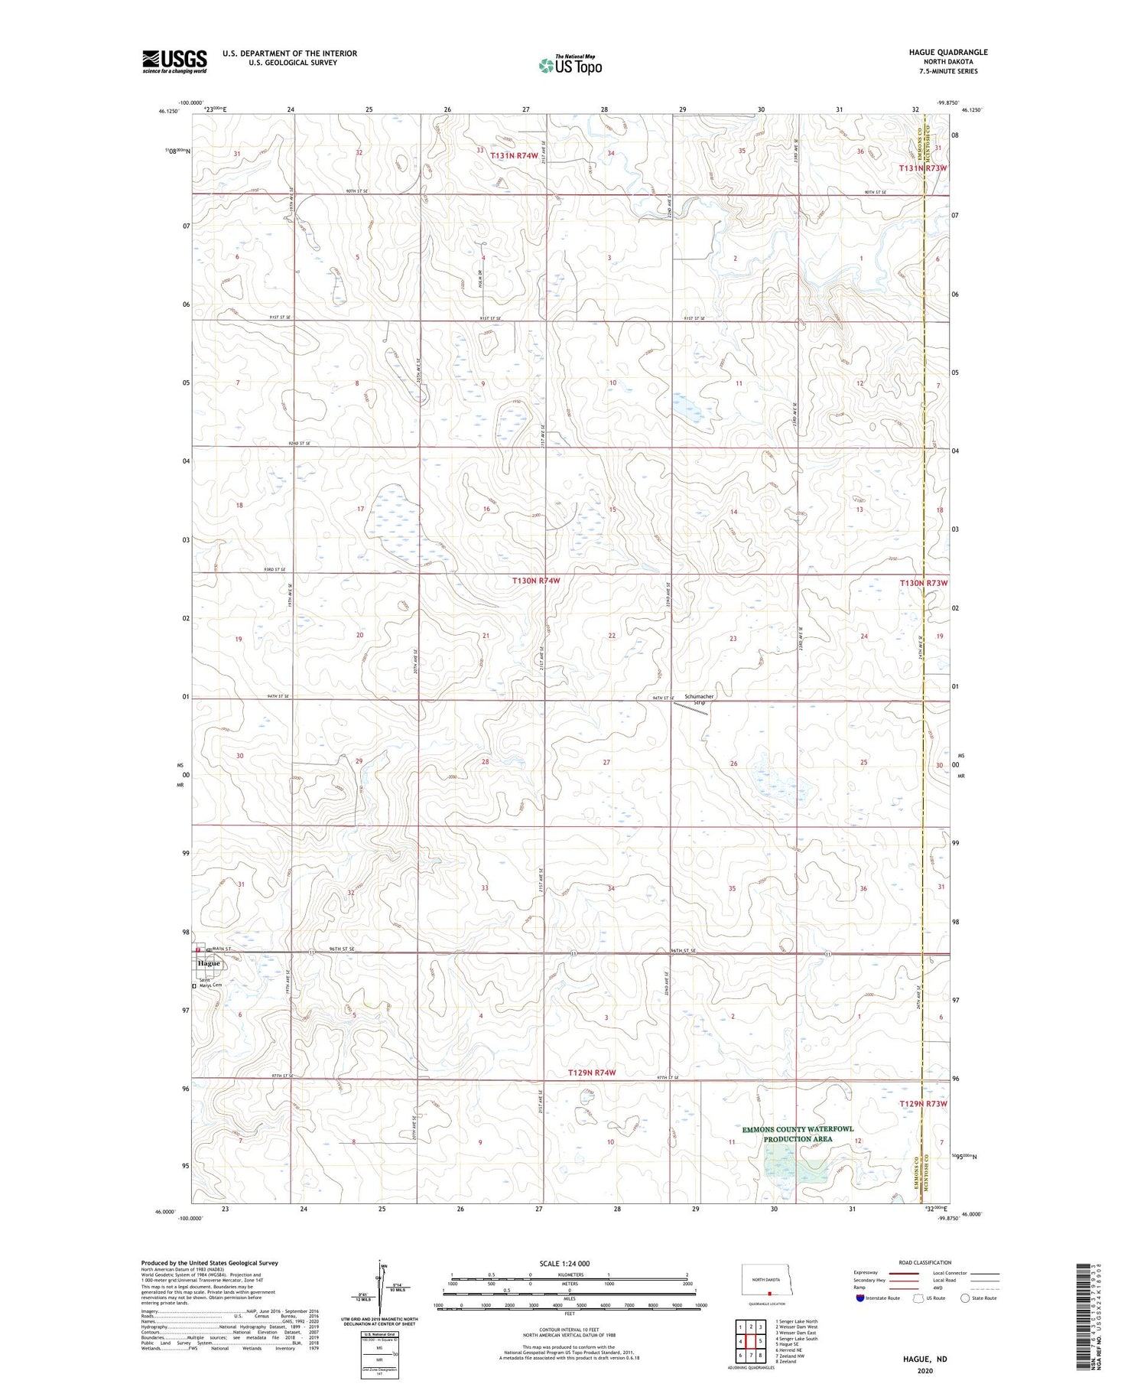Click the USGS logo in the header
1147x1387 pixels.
(174, 61)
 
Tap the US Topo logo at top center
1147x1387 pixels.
(570, 66)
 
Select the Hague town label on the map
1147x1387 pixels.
(209, 963)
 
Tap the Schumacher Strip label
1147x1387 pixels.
(699, 699)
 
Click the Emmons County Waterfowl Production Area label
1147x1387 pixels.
(798, 1134)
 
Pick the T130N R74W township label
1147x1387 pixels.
(536, 581)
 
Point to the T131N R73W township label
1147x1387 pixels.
(923, 168)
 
